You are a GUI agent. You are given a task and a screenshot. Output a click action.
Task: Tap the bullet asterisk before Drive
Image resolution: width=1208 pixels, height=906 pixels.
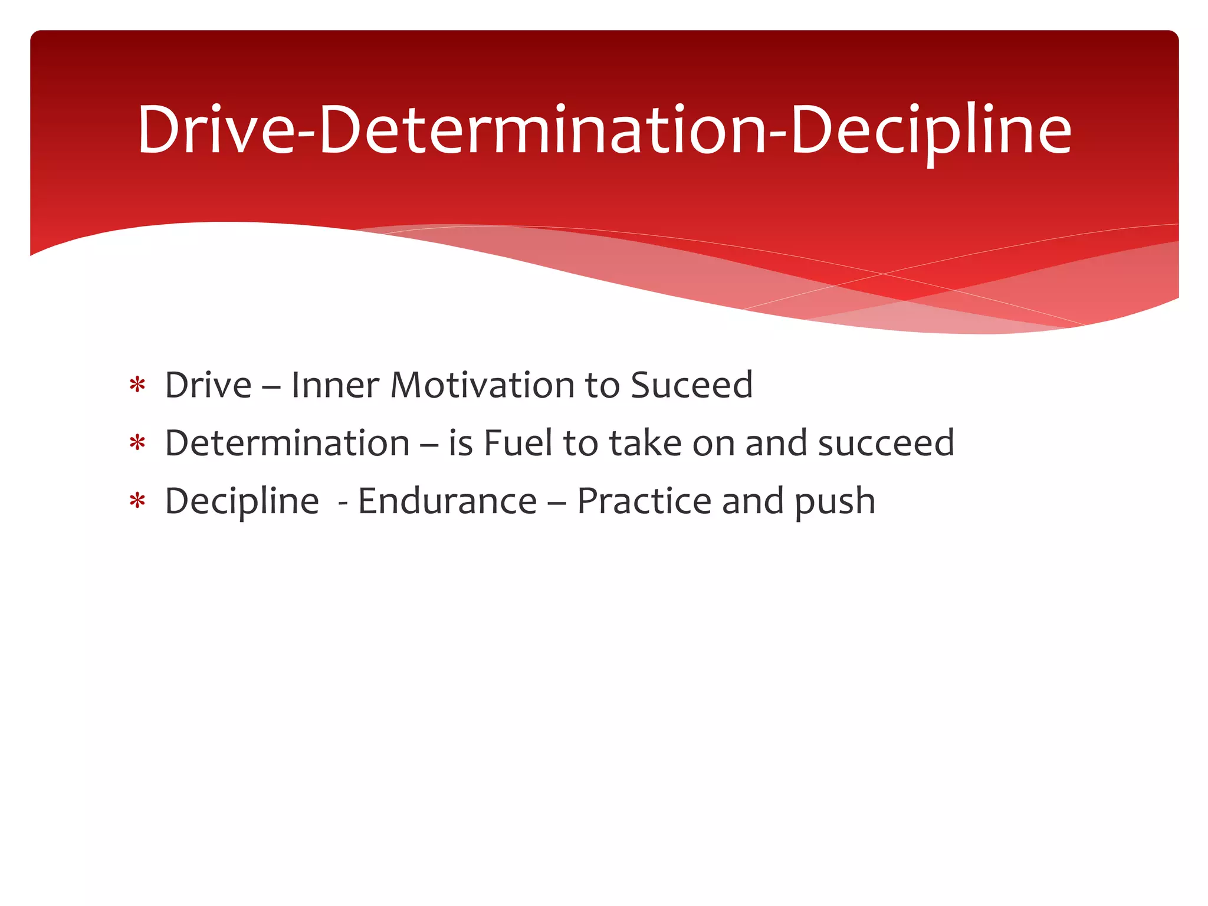pyautogui.click(x=137, y=386)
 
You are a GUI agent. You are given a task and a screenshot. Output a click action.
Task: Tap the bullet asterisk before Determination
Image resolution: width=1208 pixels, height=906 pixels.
pyautogui.click(x=137, y=444)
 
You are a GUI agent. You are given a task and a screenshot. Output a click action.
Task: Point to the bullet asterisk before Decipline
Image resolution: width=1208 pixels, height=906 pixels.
pyautogui.click(x=137, y=501)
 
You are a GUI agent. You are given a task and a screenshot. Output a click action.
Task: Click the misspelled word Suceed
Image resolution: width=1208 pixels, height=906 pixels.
pyautogui.click(x=691, y=385)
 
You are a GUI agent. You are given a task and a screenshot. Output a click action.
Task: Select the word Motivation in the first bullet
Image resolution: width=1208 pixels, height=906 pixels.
pyautogui.click(x=482, y=385)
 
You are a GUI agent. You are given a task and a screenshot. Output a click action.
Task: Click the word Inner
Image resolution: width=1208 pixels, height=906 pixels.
pyautogui.click(x=334, y=385)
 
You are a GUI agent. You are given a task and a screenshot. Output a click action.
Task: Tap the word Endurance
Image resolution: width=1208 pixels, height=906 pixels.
pyautogui.click(x=447, y=501)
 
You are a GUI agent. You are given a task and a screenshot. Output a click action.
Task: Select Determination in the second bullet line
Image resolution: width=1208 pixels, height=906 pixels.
pyautogui.click(x=287, y=443)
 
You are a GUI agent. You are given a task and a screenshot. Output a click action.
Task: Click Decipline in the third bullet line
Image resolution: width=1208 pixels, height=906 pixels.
pyautogui.click(x=242, y=502)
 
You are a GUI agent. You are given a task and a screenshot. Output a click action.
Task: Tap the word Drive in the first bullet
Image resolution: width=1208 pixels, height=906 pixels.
pyautogui.click(x=208, y=385)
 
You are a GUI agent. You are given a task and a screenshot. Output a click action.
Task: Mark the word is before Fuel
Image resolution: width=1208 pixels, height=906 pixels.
pyautogui.click(x=460, y=443)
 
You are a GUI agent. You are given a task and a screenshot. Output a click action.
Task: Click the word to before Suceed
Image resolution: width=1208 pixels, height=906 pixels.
pyautogui.click(x=602, y=386)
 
